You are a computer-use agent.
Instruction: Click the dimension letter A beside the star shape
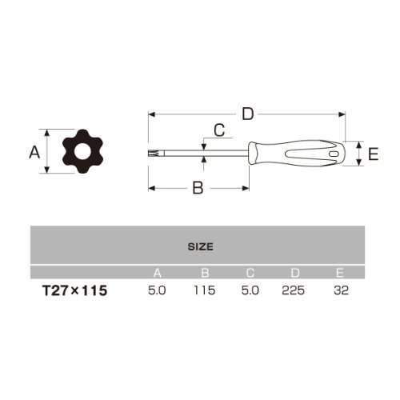pos(34,152)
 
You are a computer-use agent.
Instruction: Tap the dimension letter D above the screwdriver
pos(248,114)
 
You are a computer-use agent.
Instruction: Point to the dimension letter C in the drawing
pos(219,130)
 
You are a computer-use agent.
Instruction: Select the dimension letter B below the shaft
pos(198,188)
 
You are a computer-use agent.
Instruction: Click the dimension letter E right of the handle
pos(373,154)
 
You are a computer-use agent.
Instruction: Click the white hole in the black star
pos(82,151)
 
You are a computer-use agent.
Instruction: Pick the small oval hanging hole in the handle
pos(334,154)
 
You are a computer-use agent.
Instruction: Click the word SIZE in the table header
pos(201,246)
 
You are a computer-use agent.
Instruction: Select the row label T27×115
pos(74,290)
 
